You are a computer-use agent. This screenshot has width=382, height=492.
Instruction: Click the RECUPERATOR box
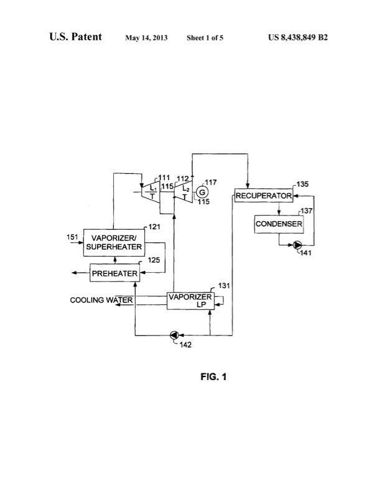point(263,196)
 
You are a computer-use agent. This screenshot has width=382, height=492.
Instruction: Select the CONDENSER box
point(279,224)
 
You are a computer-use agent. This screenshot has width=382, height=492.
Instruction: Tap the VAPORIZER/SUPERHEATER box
point(113,242)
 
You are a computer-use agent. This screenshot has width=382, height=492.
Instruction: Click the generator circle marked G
point(202,193)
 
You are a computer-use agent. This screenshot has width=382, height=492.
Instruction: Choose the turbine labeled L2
point(183,191)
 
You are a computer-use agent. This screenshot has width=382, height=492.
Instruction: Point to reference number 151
point(73,237)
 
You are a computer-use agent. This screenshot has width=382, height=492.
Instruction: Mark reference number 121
point(156,226)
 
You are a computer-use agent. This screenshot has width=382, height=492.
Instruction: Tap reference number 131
point(222,288)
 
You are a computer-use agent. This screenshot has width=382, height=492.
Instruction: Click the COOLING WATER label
point(102,301)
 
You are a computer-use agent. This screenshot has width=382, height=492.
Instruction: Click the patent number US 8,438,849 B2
point(298,37)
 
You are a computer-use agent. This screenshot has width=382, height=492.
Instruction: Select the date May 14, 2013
point(146,38)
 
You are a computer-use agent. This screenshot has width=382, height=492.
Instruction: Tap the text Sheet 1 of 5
point(205,38)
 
